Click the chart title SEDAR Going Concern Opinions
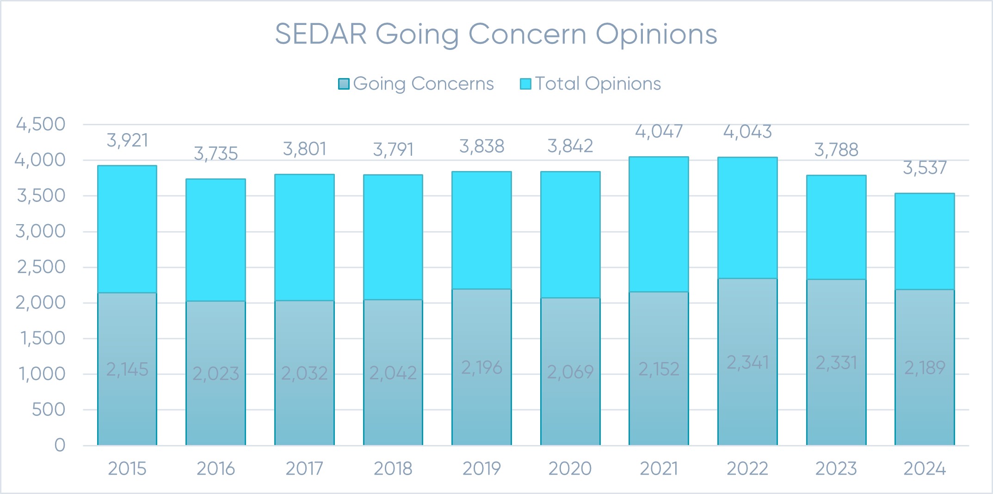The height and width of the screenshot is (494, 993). click(496, 34)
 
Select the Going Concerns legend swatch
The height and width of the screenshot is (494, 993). click(344, 84)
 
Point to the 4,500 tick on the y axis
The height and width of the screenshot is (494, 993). click(41, 124)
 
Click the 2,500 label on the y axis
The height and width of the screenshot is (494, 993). click(41, 267)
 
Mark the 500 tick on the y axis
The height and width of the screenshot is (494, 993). click(48, 410)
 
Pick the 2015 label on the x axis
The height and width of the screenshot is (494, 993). click(127, 469)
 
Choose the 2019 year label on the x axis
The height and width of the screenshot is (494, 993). click(481, 469)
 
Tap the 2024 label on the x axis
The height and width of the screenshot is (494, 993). click(925, 469)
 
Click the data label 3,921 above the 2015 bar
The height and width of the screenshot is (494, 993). click(127, 140)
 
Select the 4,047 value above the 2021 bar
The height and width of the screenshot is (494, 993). click(659, 132)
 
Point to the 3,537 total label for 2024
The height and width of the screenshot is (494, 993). click(925, 168)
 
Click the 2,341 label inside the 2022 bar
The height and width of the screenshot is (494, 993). click(747, 363)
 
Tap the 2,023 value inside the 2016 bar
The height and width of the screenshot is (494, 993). click(216, 373)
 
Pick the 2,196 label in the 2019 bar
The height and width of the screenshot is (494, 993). click(481, 368)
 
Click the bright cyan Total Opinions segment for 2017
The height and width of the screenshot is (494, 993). click(304, 238)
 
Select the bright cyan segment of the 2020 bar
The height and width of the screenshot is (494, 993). click(570, 235)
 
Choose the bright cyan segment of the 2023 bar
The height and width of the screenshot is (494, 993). click(836, 227)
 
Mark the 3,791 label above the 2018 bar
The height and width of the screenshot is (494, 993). click(393, 150)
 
